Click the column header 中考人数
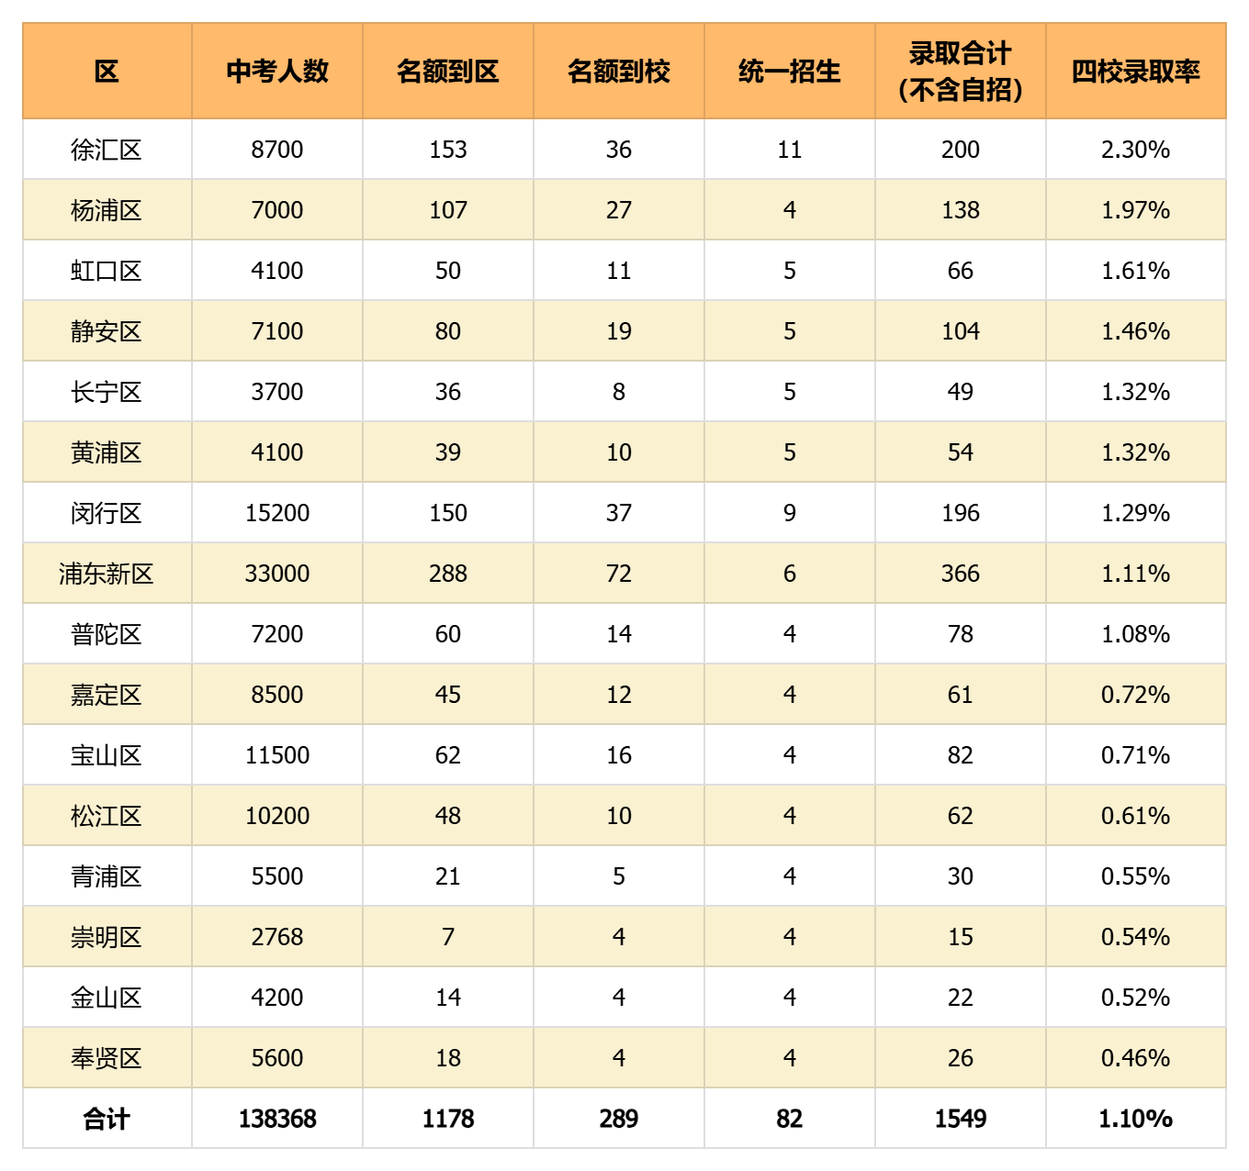click(x=276, y=71)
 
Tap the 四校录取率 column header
click(x=1135, y=71)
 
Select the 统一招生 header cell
click(x=789, y=71)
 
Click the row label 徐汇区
click(x=107, y=150)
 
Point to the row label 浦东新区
click(x=107, y=574)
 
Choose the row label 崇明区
click(x=107, y=937)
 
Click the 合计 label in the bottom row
click(x=107, y=1119)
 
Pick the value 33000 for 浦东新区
click(x=276, y=574)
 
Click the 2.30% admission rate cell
click(x=1135, y=150)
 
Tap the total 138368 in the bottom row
click(x=276, y=1119)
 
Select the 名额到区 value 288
click(x=448, y=574)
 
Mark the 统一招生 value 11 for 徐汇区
click(x=789, y=150)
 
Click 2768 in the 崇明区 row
click(x=276, y=937)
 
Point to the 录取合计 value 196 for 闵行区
click(x=961, y=513)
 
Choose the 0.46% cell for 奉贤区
click(x=1135, y=1058)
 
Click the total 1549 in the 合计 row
click(x=961, y=1119)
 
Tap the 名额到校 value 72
click(x=619, y=574)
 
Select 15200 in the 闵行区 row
click(x=276, y=513)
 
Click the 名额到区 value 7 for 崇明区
click(x=448, y=937)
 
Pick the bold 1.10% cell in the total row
click(x=1135, y=1119)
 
